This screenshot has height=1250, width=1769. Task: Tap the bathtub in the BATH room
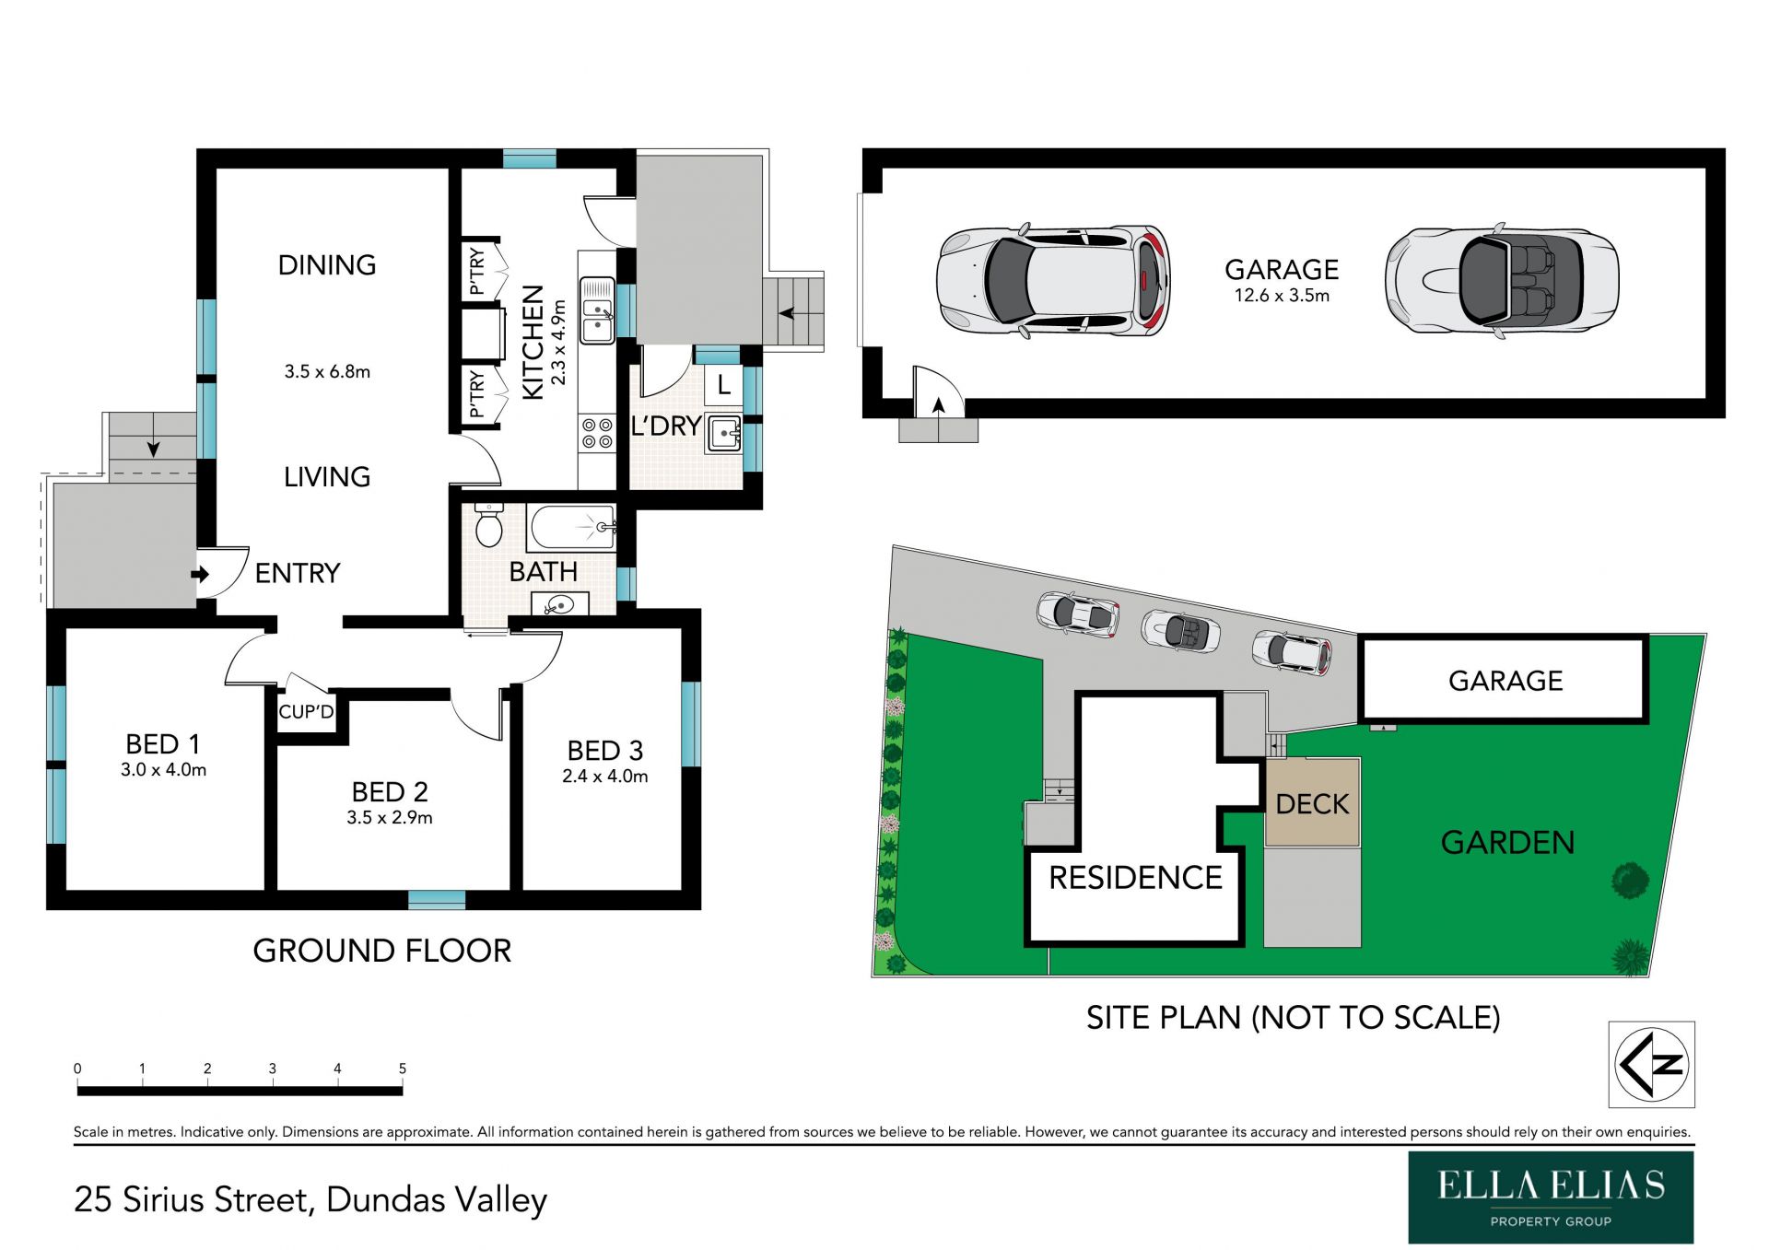(572, 528)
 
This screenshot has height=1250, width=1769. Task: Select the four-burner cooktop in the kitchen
(597, 434)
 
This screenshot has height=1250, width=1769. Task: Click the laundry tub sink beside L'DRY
(724, 433)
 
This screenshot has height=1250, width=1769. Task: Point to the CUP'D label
(306, 712)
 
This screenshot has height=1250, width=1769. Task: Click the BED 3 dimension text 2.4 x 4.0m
(604, 777)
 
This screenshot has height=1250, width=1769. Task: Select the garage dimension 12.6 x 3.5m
(1282, 296)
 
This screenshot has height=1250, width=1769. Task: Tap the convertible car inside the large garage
(1502, 281)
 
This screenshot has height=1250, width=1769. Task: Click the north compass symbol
(1652, 1064)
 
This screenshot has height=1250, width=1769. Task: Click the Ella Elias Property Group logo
(1551, 1197)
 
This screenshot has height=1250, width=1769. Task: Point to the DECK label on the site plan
(1312, 804)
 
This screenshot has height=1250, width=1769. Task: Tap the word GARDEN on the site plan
(1507, 843)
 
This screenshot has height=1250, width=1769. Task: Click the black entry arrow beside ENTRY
(200, 575)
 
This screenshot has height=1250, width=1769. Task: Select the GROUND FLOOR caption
(381, 951)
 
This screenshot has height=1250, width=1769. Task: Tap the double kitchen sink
(597, 310)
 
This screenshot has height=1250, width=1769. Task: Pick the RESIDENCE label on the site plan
(1135, 878)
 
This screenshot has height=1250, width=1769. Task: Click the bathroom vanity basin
(559, 604)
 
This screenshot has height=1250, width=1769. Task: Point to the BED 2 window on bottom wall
(437, 900)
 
